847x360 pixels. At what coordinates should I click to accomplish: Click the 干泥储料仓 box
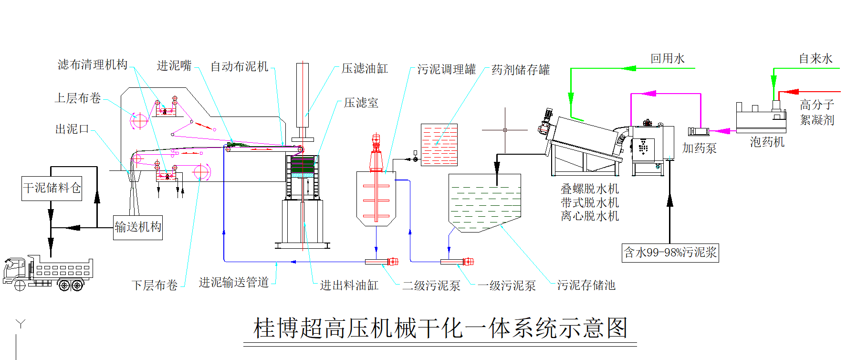point(52,188)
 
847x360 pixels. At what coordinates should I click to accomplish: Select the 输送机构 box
point(138,227)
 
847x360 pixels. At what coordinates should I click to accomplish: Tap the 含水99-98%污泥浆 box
point(670,253)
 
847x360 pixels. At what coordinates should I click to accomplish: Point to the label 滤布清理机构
point(93,65)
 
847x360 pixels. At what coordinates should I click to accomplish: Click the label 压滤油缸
point(365,69)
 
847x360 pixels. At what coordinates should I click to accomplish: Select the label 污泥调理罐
point(446,70)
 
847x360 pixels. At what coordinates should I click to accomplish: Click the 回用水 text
point(667,59)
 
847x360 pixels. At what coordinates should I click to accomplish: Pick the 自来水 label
point(816,59)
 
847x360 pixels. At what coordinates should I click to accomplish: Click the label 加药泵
point(699,148)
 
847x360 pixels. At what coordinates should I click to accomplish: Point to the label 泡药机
point(767,142)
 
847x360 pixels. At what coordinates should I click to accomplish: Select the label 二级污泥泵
point(431,286)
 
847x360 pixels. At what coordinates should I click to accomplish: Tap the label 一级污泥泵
point(507,286)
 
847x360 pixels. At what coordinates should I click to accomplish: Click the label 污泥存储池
point(586,286)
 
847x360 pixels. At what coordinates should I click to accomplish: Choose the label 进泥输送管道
point(234,283)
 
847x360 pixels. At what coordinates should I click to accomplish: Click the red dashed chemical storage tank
point(439,145)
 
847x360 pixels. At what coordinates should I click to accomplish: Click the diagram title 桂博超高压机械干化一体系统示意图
point(440,328)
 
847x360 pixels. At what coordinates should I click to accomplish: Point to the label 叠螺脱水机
point(590,189)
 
